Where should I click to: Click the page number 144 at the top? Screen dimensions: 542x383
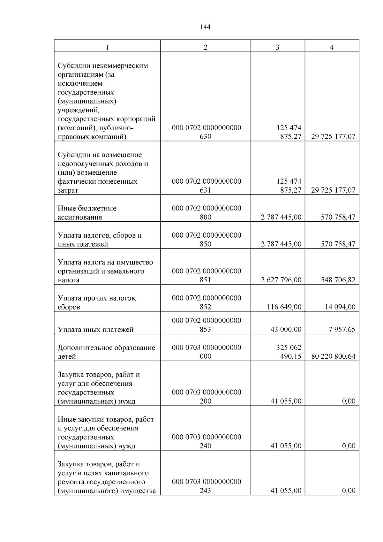[205, 27]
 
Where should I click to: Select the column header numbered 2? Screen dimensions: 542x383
[205, 47]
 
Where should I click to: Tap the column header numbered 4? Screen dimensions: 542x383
[332, 47]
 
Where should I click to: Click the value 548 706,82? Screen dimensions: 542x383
[338, 280]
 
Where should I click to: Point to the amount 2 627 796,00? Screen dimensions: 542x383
[281, 280]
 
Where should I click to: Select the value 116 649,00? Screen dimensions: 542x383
[284, 307]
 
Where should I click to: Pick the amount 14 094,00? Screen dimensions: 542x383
[340, 307]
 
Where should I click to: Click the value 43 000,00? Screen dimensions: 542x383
[286, 330]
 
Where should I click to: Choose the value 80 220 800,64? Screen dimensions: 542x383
[333, 356]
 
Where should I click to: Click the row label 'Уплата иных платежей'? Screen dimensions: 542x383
[95, 330]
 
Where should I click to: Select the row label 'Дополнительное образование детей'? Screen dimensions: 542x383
[106, 352]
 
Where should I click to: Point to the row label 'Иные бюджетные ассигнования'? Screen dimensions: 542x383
[87, 213]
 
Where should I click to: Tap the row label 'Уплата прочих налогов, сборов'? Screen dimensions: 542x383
[97, 302]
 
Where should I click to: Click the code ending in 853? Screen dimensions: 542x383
[206, 325]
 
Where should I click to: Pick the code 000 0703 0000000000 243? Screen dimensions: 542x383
[206, 486]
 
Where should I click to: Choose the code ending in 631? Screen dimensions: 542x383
[206, 186]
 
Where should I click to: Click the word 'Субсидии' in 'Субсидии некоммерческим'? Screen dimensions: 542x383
[74, 66]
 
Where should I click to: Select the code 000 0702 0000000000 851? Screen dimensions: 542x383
[206, 275]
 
